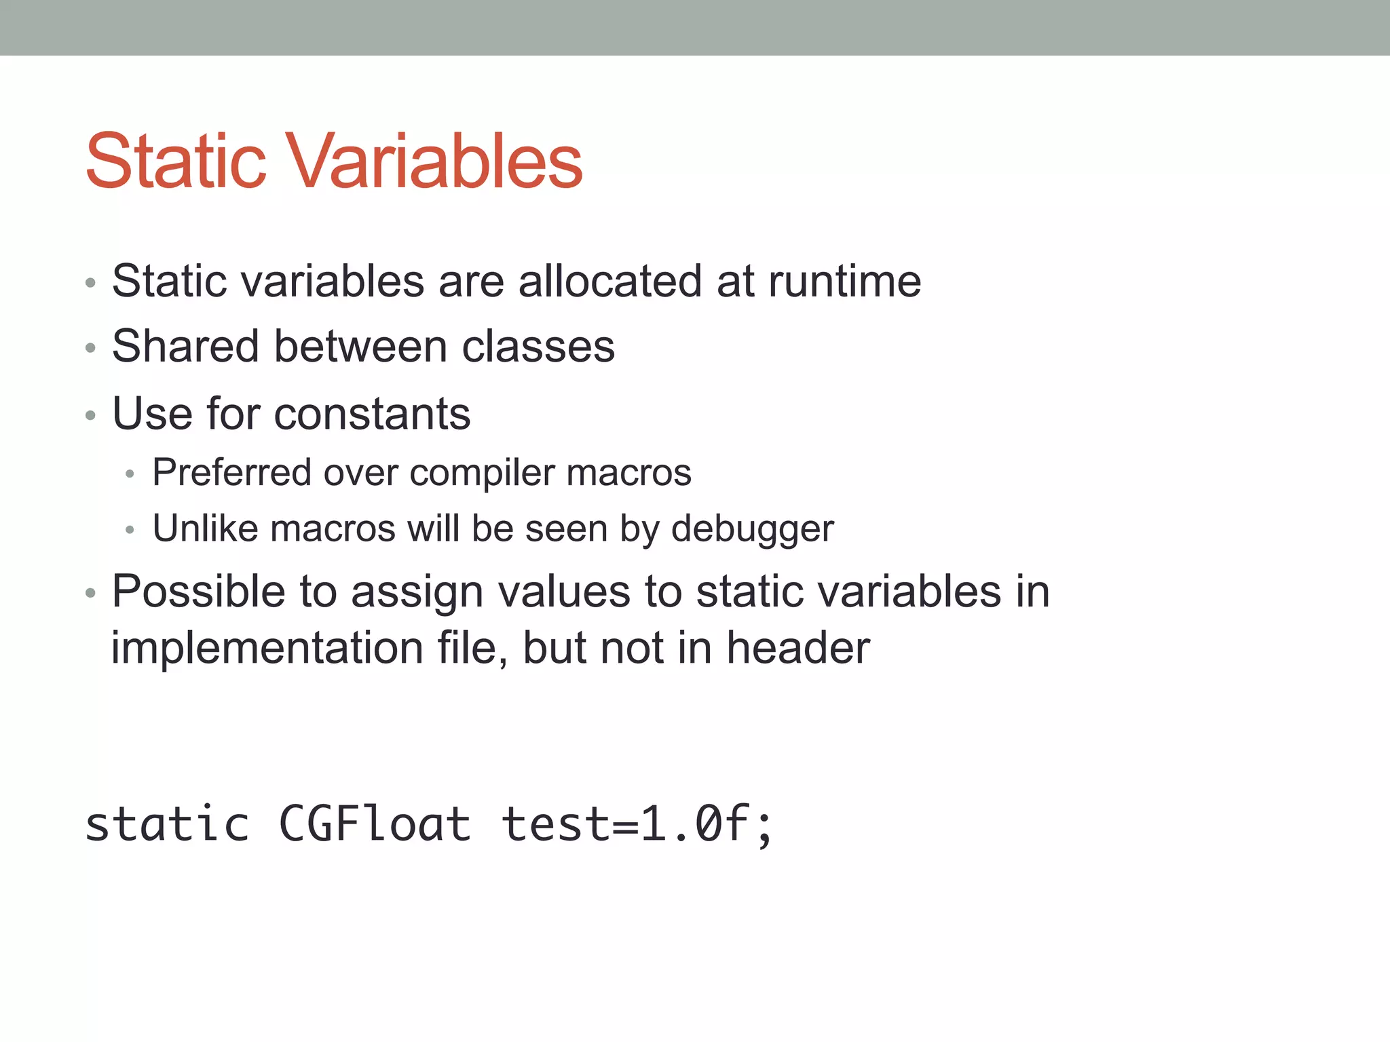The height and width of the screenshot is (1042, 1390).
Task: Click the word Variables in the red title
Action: pyautogui.click(x=437, y=161)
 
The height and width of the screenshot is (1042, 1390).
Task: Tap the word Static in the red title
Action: pyautogui.click(x=176, y=161)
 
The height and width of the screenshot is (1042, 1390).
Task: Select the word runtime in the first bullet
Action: pyautogui.click(x=844, y=281)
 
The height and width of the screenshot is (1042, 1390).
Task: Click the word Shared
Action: pyautogui.click(x=185, y=347)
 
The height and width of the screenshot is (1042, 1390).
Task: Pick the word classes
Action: pyautogui.click(x=538, y=347)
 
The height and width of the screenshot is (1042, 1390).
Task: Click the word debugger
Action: pyautogui.click(x=752, y=529)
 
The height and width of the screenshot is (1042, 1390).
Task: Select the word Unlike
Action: pyautogui.click(x=206, y=528)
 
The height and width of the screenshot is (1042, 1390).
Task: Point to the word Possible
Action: pyautogui.click(x=198, y=592)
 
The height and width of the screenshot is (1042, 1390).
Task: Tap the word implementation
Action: pyautogui.click(x=267, y=648)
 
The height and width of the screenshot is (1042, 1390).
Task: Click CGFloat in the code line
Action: pyautogui.click(x=375, y=824)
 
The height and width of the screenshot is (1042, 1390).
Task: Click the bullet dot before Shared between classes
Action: pyautogui.click(x=91, y=349)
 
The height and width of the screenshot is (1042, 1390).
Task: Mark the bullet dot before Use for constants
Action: pyautogui.click(x=91, y=415)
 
